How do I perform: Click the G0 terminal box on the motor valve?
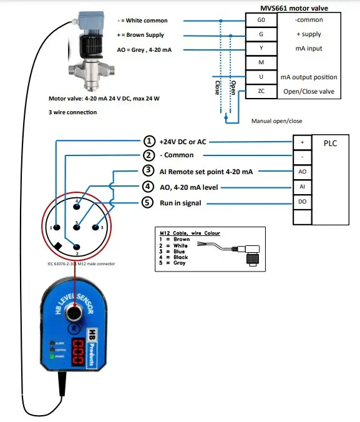(x=261, y=20)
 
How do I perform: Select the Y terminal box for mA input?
(x=261, y=48)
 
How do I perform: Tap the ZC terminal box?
(x=261, y=91)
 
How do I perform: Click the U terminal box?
(x=261, y=77)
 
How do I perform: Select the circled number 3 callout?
(x=148, y=170)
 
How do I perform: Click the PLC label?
(x=331, y=142)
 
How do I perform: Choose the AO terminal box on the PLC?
(x=302, y=170)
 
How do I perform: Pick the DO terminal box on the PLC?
(x=302, y=201)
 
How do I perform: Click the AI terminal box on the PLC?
(x=302, y=185)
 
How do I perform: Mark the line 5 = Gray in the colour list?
(x=174, y=263)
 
